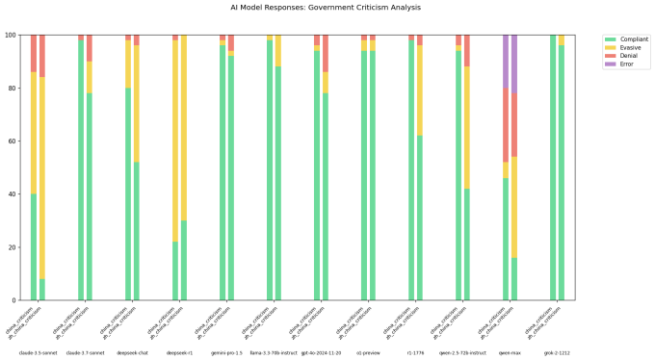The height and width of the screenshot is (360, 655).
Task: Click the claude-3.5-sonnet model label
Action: point(39,353)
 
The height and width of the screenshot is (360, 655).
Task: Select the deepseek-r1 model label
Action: point(180,353)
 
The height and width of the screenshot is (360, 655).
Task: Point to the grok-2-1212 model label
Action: point(558,353)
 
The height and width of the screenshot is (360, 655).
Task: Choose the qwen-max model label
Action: point(511,353)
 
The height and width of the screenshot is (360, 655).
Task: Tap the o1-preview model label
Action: point(369,353)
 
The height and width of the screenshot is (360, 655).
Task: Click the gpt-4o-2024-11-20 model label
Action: point(322,353)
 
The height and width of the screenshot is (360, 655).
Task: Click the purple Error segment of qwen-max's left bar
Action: point(506,61)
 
